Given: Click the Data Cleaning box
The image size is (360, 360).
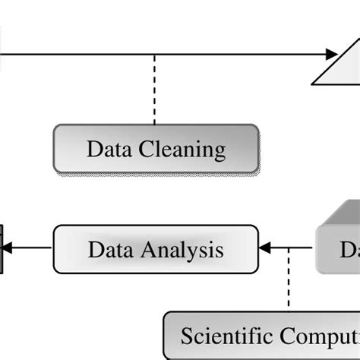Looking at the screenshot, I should [156, 149].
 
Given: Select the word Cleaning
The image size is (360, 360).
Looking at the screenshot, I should [182, 149].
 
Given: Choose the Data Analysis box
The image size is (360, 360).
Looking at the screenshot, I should [156, 249].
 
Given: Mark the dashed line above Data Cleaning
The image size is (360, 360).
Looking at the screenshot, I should [155, 89].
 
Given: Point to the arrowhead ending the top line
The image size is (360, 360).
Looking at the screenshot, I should [330, 54].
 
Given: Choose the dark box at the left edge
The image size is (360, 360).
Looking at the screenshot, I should [2, 247].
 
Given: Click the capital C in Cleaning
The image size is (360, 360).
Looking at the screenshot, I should [147, 149].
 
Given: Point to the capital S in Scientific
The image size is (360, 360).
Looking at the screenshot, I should [186, 336].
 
